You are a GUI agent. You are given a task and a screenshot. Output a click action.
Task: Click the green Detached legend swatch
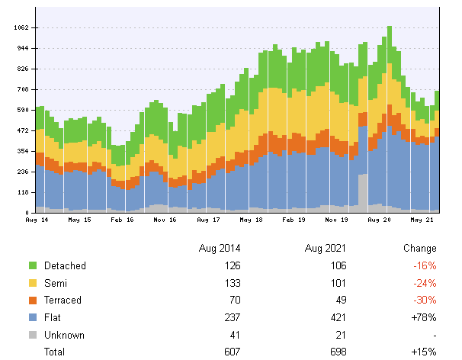[x=33, y=265]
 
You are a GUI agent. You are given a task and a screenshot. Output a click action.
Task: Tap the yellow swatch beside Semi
[x=33, y=283]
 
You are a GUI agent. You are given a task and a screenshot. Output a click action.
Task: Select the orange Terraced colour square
[x=33, y=301]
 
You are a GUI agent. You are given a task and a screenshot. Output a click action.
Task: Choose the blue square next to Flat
[x=33, y=317]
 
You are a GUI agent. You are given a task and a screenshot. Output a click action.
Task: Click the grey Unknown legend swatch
[x=33, y=335]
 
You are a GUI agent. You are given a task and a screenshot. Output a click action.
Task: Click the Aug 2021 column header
[x=326, y=249]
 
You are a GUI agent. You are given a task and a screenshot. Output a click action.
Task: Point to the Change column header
[x=420, y=249]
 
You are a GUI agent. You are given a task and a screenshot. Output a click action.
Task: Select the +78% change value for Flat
[x=423, y=317]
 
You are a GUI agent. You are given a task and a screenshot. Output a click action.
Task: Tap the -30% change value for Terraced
[x=424, y=301]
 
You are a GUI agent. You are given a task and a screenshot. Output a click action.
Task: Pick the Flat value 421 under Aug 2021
[x=338, y=317]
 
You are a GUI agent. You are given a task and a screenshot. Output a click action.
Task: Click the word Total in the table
[x=55, y=352]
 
